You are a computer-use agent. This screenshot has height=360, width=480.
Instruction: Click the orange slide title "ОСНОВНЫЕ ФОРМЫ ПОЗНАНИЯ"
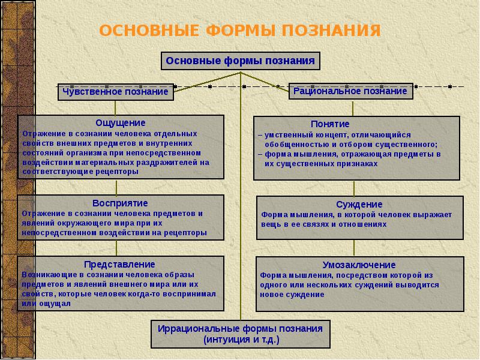[239, 31]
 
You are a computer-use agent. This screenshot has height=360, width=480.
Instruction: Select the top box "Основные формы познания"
[241, 61]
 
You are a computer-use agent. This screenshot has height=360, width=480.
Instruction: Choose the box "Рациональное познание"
[350, 91]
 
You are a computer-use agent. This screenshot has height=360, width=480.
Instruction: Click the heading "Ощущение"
[121, 122]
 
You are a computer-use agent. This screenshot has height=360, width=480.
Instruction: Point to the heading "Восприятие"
[120, 203]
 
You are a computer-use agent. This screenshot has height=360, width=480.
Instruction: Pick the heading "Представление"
[120, 264]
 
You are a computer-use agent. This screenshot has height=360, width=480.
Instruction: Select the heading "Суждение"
[359, 205]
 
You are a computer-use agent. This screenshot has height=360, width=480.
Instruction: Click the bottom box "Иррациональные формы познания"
[240, 329]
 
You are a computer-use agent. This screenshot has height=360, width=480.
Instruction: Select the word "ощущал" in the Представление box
[56, 304]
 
